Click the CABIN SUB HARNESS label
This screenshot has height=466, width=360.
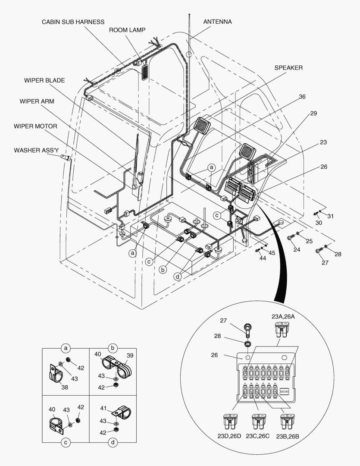pyautogui.click(x=73, y=22)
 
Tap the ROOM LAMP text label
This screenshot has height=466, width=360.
pyautogui.click(x=127, y=30)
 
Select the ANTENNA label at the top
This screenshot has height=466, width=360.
pyautogui.click(x=217, y=22)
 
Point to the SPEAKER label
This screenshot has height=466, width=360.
pyautogui.click(x=288, y=68)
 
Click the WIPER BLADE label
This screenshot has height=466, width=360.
pyautogui.click(x=44, y=80)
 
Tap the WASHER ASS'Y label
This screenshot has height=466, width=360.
pyautogui.click(x=36, y=150)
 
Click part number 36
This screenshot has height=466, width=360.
pyautogui.click(x=302, y=97)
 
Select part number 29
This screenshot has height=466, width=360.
pyautogui.click(x=313, y=113)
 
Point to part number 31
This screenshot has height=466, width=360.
pyautogui.click(x=330, y=216)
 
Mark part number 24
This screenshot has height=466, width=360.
pyautogui.click(x=297, y=249)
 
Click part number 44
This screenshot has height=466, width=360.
pyautogui.click(x=263, y=258)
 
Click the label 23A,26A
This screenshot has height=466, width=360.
pyautogui.click(x=283, y=316)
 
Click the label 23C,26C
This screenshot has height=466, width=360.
pyautogui.click(x=257, y=436)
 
